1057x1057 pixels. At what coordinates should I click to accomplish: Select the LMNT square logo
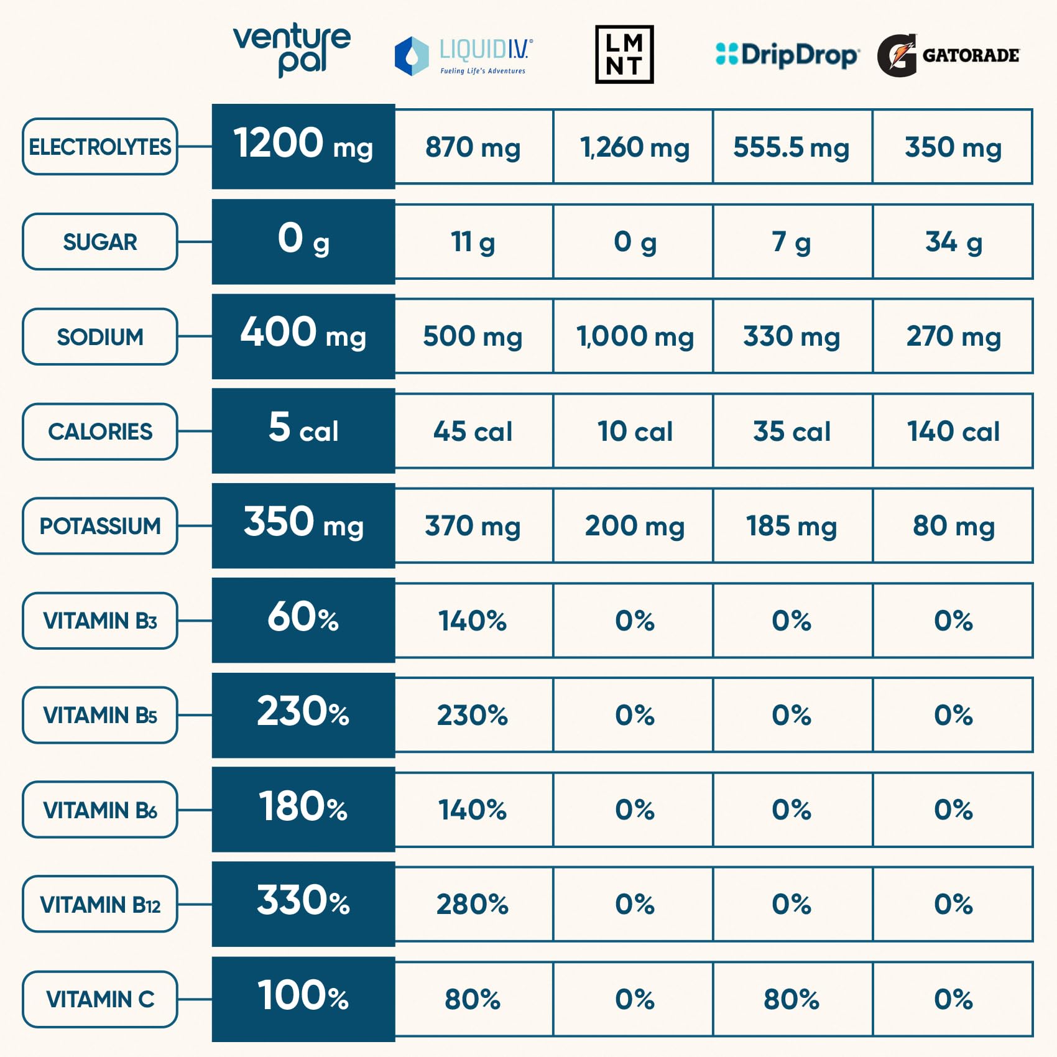click(x=624, y=55)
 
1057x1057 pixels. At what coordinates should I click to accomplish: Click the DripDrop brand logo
click(x=787, y=55)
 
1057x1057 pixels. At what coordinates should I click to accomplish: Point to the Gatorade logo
click(x=948, y=55)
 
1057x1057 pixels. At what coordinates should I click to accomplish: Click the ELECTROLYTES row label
click(x=99, y=147)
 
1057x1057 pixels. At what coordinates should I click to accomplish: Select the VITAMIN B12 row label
click(x=99, y=904)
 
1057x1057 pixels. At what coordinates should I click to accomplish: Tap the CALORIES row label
click(x=99, y=432)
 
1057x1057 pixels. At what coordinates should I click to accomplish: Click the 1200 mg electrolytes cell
click(x=303, y=146)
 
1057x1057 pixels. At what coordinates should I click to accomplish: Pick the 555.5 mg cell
click(x=792, y=147)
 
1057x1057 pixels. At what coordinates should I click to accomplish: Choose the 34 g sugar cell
click(x=953, y=242)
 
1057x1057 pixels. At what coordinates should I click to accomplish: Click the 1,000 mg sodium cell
click(x=633, y=336)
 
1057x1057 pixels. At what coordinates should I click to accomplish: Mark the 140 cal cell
click(x=953, y=431)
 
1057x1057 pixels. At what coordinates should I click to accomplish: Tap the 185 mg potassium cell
click(x=792, y=526)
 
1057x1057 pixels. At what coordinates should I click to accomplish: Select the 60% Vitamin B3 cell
click(x=303, y=620)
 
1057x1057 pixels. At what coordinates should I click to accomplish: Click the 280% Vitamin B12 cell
click(x=473, y=904)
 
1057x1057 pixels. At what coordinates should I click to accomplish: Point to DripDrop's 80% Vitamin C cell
click(x=792, y=999)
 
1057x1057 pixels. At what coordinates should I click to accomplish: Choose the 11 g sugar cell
click(x=473, y=242)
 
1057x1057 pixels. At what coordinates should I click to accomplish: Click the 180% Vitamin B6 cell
click(x=303, y=809)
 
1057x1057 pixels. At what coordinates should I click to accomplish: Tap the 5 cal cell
click(x=303, y=430)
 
